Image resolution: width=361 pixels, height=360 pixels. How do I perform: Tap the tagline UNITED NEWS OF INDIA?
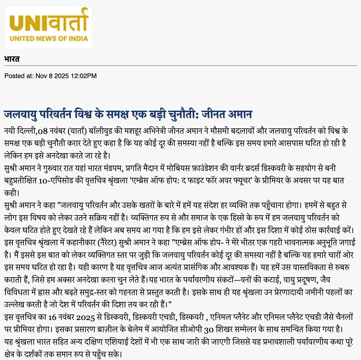pyautogui.click(x=49, y=38)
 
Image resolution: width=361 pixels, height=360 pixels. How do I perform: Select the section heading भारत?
pyautogui.click(x=12, y=59)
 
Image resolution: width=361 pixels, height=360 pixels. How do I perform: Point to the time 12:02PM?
pyautogui.click(x=83, y=76)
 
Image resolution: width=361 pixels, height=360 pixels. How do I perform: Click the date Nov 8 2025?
pyautogui.click(x=52, y=76)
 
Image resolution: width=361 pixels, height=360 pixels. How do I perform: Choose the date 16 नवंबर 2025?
pyautogui.click(x=71, y=317)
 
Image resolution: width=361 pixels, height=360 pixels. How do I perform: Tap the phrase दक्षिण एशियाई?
pyautogui.click(x=110, y=342)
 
